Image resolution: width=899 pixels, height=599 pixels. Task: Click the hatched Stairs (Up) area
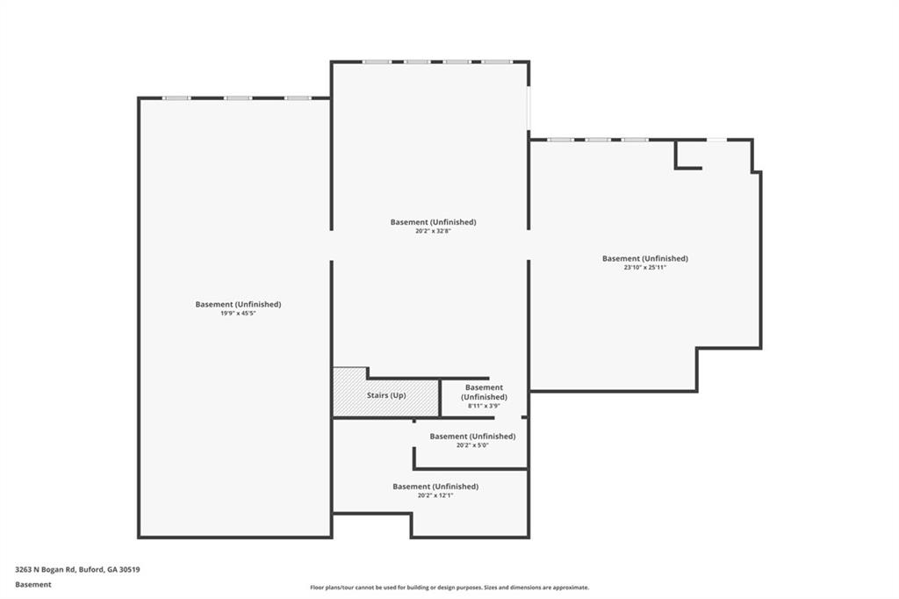386,395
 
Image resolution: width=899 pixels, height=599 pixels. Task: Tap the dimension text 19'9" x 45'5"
238,314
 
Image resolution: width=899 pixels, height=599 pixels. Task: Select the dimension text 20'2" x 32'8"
433,231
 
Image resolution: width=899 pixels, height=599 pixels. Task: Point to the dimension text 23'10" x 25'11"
645,267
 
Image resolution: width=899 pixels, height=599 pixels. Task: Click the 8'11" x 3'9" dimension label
484,406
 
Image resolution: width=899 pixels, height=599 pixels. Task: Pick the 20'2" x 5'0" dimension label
472,444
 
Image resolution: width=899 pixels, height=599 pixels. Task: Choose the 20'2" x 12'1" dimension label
435,495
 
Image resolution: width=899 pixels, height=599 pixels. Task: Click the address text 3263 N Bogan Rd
46,570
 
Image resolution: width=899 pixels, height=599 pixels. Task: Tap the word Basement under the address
33,585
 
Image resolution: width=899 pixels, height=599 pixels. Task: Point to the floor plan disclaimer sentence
449,588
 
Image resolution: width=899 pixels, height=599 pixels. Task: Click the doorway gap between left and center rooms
331,246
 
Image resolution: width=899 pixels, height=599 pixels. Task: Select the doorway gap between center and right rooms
529,245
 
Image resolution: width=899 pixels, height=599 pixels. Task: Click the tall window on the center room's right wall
529,108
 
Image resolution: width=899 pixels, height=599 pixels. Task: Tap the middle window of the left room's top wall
237,98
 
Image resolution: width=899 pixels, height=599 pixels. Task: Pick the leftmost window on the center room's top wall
377,61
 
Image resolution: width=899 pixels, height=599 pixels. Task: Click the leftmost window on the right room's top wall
560,140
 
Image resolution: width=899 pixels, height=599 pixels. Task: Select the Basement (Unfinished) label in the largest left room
238,304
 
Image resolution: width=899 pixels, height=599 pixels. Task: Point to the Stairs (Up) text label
386,395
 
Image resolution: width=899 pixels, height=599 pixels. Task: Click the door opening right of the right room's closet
716,140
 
